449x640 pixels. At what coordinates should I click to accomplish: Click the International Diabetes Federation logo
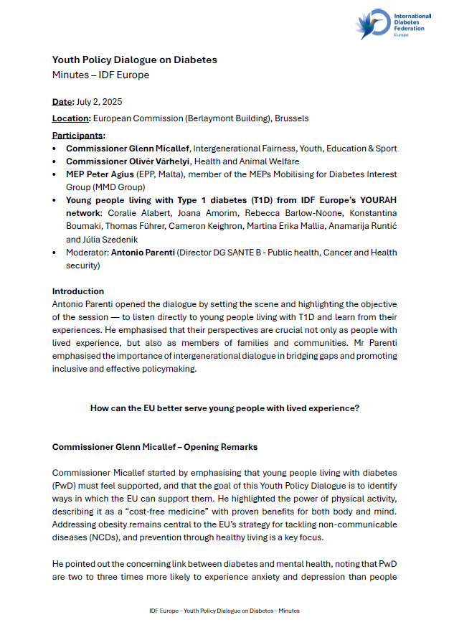coord(392,25)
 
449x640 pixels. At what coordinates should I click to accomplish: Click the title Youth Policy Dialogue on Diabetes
coord(134,60)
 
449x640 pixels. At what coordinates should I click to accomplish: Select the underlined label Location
coord(71,118)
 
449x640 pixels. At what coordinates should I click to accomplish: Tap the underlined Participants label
coord(78,135)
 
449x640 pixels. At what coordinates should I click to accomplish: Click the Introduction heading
coord(78,291)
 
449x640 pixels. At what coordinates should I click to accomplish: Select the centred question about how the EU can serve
coord(225,408)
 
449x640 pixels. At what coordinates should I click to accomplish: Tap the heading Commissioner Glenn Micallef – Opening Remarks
coord(155,447)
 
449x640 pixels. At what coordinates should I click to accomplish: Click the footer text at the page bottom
coord(225,611)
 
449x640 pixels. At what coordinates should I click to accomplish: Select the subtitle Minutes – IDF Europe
coord(100,75)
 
